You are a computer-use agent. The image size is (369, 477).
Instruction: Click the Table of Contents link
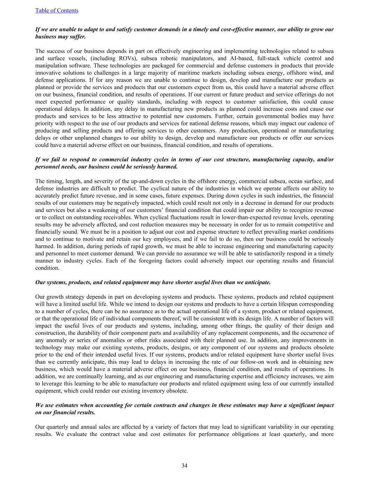click(x=57, y=10)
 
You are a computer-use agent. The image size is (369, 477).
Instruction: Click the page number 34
click(x=184, y=465)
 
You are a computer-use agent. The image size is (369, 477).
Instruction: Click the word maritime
click(x=203, y=73)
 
